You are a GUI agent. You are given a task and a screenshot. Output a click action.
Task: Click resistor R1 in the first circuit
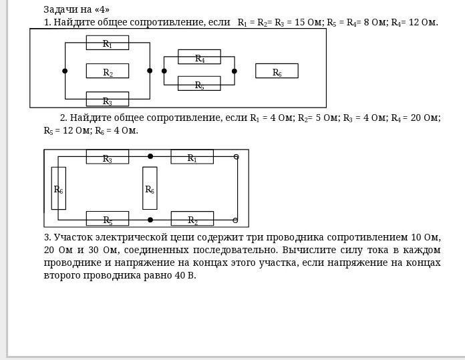click(x=108, y=43)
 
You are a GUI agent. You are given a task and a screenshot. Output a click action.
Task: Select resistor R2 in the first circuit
click(x=108, y=71)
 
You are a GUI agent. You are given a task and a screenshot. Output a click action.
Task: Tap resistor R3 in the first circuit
click(x=108, y=99)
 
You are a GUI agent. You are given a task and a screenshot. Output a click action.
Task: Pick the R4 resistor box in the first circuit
click(x=199, y=57)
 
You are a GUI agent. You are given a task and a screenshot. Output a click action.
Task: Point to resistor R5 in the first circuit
click(x=199, y=83)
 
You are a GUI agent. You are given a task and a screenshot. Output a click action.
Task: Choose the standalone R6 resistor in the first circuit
click(x=277, y=71)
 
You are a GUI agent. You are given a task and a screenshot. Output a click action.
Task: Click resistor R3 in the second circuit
click(x=108, y=156)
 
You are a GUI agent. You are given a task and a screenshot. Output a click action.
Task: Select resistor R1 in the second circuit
click(x=192, y=156)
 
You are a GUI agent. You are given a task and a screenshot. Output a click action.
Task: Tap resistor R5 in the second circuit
click(x=108, y=218)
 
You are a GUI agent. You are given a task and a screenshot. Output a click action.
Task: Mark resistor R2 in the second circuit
click(x=192, y=218)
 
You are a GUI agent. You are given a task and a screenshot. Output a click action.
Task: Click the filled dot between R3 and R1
click(x=150, y=156)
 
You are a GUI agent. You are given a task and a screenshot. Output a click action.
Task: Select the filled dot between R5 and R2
click(x=150, y=220)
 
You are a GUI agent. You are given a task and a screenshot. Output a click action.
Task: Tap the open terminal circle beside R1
click(x=236, y=157)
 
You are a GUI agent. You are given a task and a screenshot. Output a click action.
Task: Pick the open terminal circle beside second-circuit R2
click(x=235, y=220)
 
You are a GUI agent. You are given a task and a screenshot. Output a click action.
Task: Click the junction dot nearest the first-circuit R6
click(x=235, y=71)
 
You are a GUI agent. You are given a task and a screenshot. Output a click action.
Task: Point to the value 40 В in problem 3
click(x=185, y=275)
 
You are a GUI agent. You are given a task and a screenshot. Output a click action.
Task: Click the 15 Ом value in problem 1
click(x=309, y=22)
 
